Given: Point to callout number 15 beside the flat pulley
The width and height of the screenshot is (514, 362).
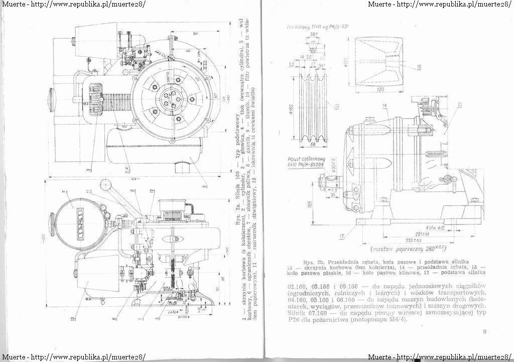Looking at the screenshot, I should click(418, 67).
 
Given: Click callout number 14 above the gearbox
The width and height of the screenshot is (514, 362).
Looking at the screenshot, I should click(383, 106).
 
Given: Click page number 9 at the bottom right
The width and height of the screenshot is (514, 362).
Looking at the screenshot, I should click(484, 331).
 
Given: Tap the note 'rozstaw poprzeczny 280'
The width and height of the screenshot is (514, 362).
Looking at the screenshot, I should click(408, 249).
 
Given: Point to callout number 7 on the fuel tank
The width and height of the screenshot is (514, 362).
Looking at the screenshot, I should click(65, 192).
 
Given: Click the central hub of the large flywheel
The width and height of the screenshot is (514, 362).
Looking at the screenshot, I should click(170, 103).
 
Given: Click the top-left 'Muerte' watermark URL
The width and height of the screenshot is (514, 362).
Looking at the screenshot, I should click(73, 4).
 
